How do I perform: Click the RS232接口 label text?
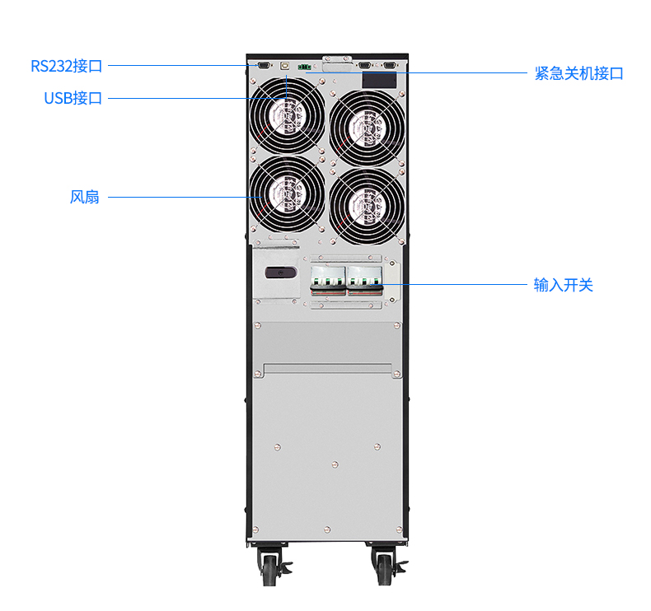(67, 66)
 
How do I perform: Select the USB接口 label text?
(73, 99)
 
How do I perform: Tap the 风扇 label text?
(85, 198)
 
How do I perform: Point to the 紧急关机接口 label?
(578, 73)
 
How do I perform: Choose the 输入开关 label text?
(564, 286)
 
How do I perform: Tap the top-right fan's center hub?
(367, 125)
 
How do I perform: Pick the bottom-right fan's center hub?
(367, 205)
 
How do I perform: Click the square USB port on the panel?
(285, 63)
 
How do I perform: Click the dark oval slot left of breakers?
(279, 273)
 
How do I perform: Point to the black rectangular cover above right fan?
(380, 80)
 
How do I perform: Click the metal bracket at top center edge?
(335, 58)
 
